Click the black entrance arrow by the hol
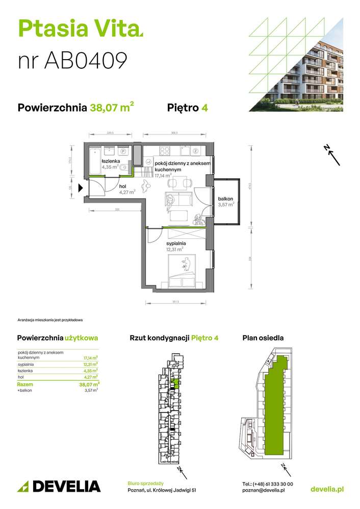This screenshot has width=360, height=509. [x=81, y=188]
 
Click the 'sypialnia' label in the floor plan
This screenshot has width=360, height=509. [x=175, y=244]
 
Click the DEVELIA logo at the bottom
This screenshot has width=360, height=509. [x=59, y=486]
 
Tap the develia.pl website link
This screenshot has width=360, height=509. [x=327, y=489]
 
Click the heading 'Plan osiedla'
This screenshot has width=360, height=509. [x=263, y=338]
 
